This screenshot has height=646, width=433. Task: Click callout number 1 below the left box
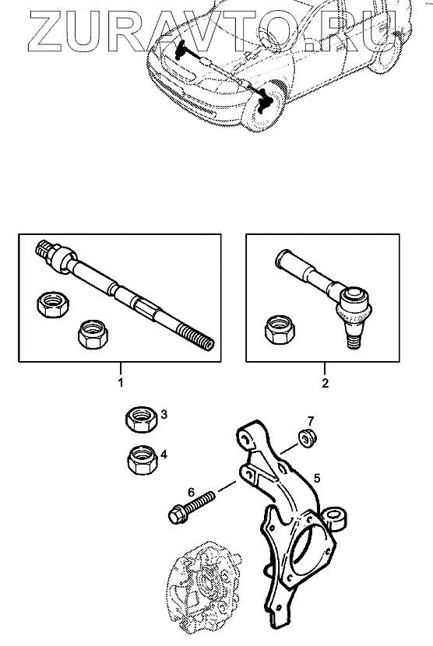[121, 383]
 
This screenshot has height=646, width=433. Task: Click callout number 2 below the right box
[325, 383]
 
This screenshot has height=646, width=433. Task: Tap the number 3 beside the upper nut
[164, 414]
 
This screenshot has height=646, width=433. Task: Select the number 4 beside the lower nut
[164, 455]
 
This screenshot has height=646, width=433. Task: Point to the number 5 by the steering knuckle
[317, 478]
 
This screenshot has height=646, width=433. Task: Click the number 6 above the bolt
[191, 492]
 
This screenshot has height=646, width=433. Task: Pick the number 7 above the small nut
[311, 421]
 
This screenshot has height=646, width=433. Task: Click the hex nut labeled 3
[142, 419]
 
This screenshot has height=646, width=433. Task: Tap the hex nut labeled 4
[143, 459]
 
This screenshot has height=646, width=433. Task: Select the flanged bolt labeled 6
[192, 507]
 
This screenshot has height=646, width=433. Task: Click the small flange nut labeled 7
[306, 438]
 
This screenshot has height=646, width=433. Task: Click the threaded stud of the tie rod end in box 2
[352, 342]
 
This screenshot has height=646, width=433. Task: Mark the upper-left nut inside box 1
[53, 304]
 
